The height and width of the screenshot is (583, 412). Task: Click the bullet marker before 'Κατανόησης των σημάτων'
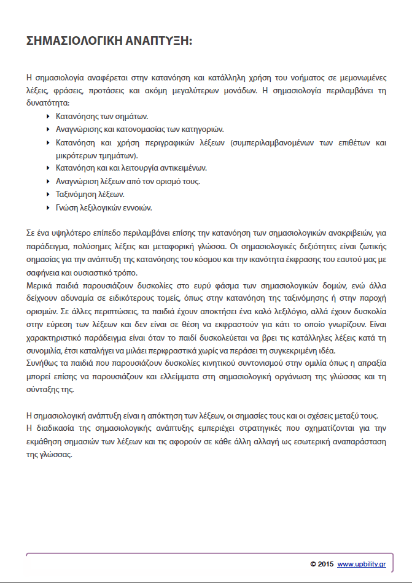49,115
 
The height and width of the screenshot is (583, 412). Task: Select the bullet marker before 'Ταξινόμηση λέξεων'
49,194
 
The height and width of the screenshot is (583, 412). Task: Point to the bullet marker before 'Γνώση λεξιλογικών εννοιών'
49,207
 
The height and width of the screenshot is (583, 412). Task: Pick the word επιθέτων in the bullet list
348,142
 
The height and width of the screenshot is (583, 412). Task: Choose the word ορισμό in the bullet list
163,181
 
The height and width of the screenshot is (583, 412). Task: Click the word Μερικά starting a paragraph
39,287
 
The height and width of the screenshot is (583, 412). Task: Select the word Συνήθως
42,366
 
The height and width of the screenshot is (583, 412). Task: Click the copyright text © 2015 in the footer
322,563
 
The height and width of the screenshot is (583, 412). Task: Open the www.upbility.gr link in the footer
362,563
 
